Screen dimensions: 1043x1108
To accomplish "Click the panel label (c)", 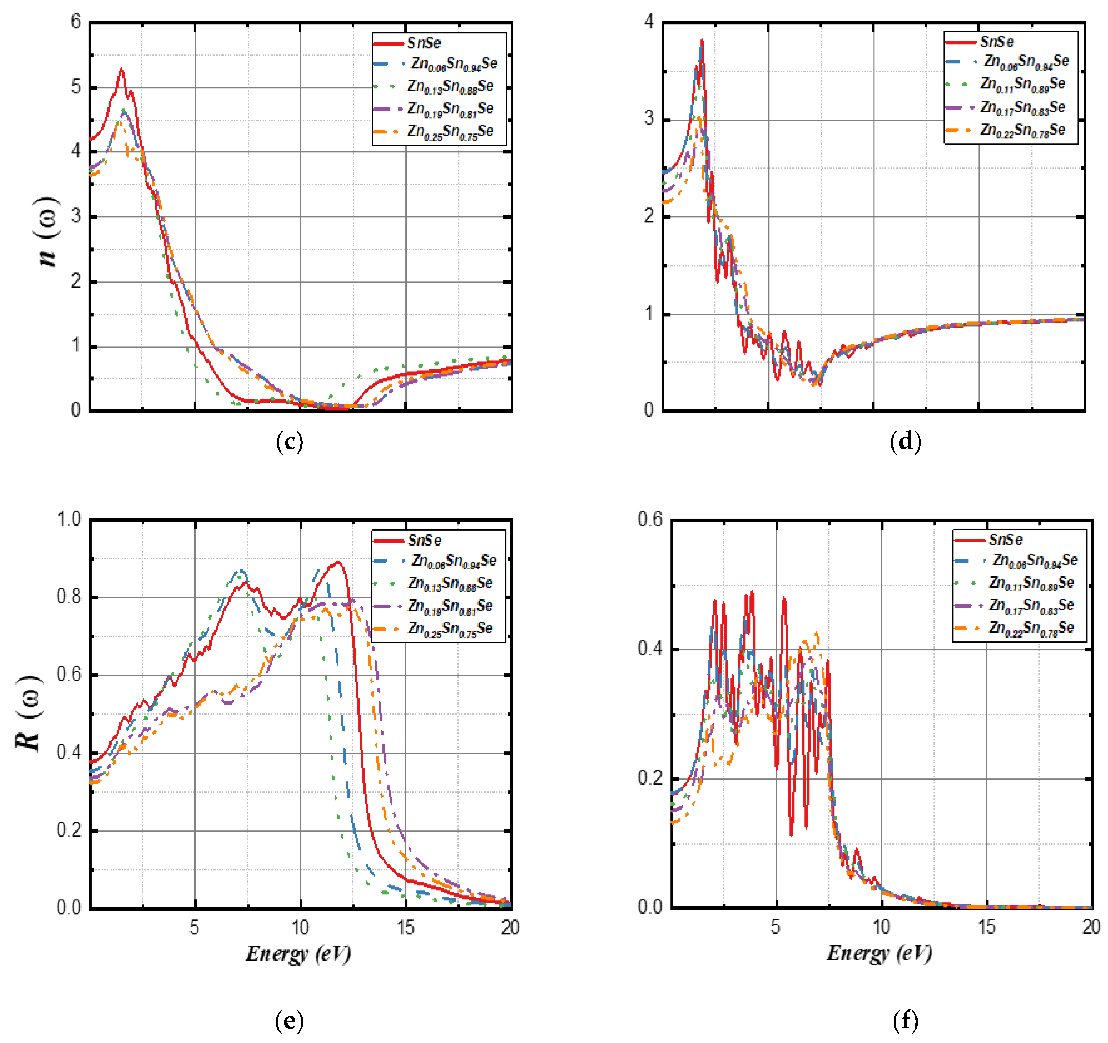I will pos(289,442).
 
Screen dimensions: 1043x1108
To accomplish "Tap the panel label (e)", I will pos(289,1021).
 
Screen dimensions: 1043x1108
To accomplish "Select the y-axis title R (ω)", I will pos(28,713).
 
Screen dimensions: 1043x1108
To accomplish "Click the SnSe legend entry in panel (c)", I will pos(424,43).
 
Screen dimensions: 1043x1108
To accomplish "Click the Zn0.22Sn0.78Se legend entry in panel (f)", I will pos(1031,628).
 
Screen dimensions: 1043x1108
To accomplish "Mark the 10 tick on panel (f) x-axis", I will pos(881,926).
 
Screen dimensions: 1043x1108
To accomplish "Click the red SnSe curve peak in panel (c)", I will pos(121,70).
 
